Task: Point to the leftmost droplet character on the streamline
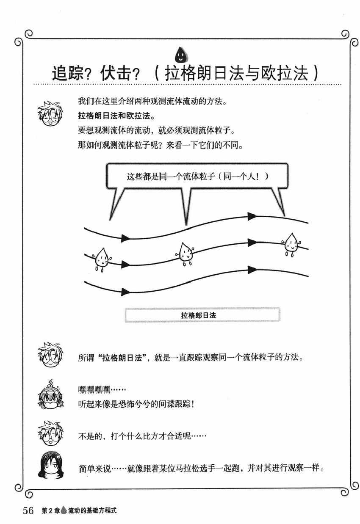101,258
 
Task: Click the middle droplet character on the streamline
185,253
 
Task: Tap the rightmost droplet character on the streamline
291,243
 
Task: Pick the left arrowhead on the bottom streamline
125,291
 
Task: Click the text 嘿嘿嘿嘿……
102,389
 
